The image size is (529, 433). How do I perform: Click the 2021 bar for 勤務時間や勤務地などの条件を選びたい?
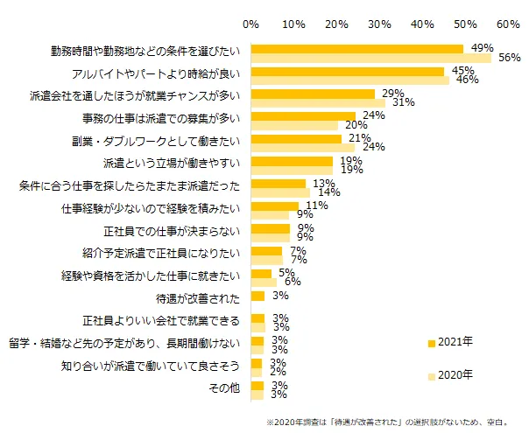(357, 49)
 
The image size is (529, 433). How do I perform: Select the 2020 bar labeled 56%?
(371, 59)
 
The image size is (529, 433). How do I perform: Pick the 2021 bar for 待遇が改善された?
(257, 296)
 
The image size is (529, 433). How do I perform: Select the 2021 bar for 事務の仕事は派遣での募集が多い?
(303, 115)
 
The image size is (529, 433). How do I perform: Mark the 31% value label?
(403, 102)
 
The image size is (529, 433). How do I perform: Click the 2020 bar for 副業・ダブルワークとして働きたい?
(303, 147)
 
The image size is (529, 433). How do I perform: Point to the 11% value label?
(316, 206)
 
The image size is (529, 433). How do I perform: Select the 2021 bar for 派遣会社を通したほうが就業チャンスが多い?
(313, 93)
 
